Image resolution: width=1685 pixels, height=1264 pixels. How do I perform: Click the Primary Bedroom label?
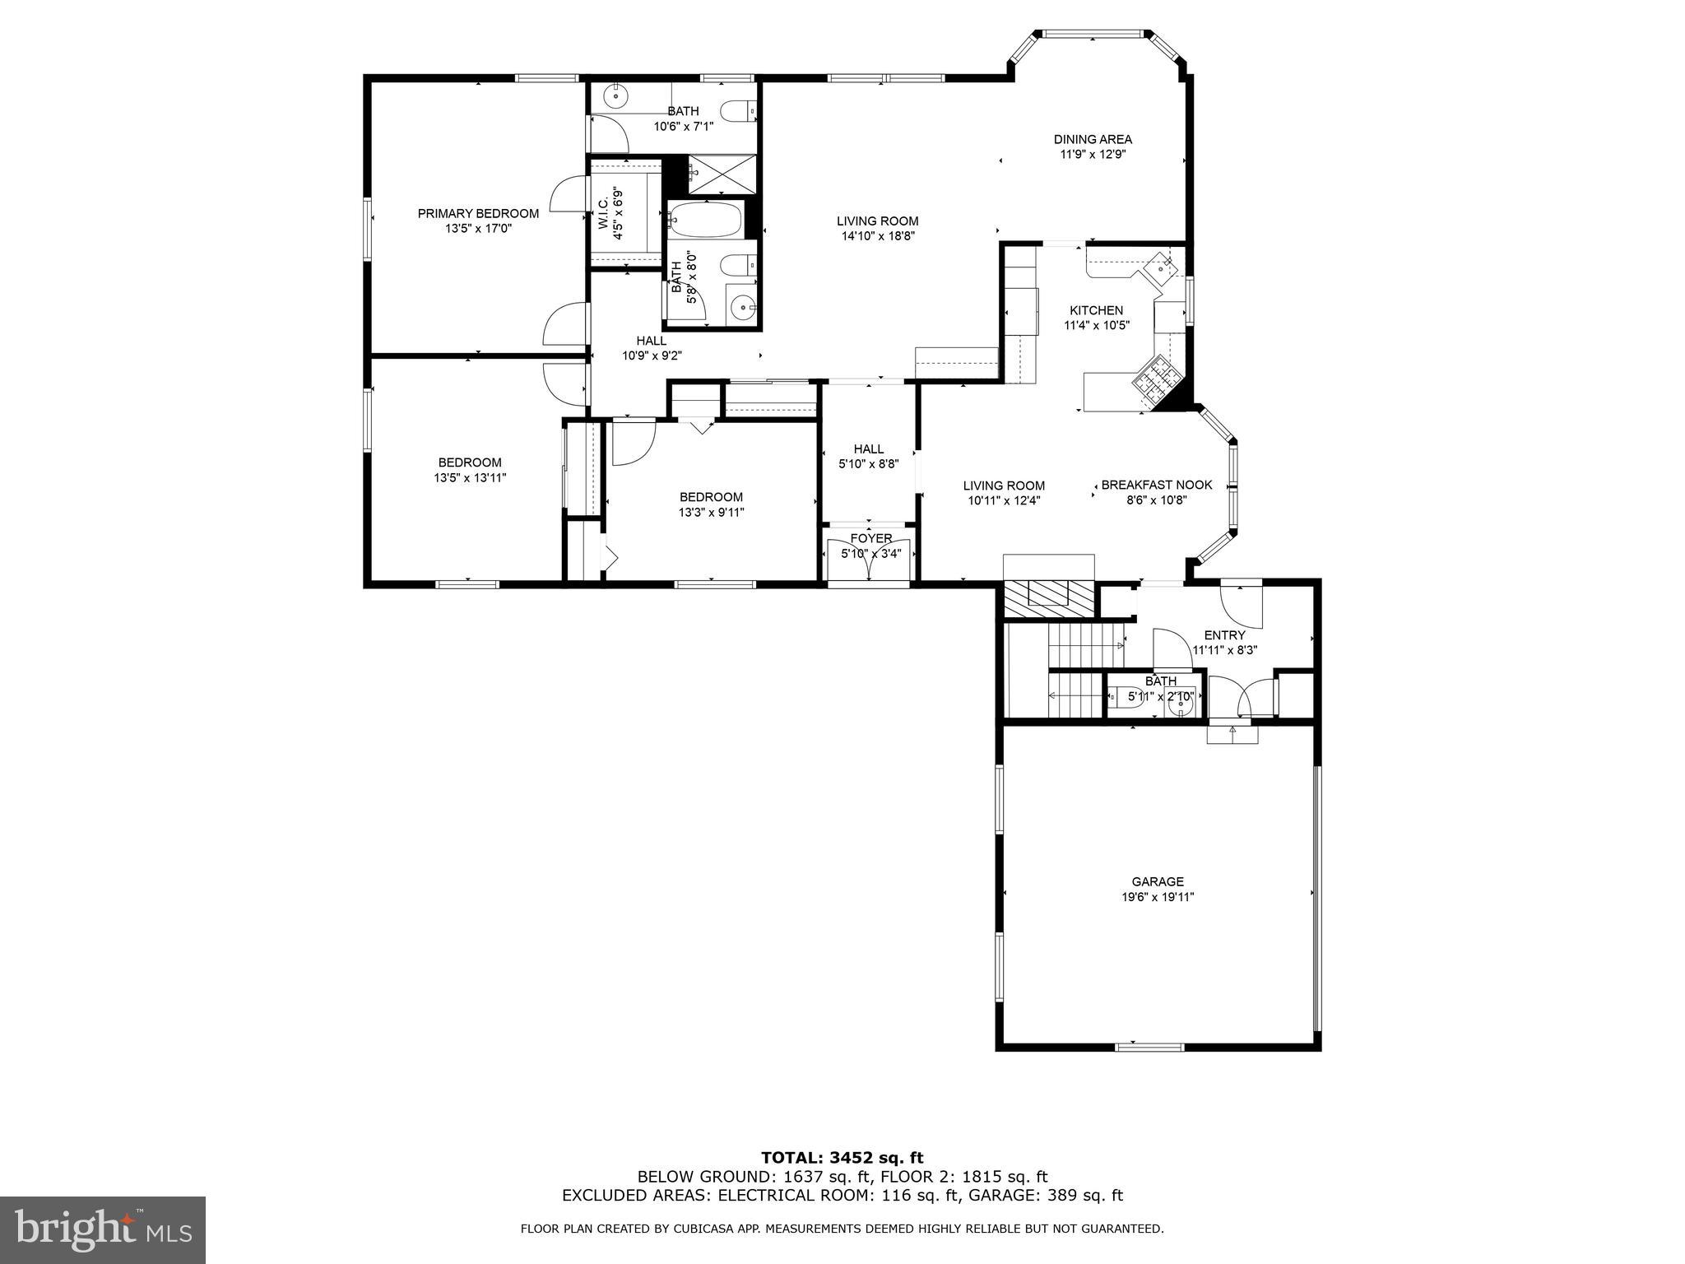point(478,214)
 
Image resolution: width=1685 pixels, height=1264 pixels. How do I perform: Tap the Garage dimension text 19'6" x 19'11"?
point(1158,897)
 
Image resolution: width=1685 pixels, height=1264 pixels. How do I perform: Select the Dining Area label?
point(1093,139)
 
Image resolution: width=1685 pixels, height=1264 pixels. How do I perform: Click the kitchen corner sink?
point(1161,267)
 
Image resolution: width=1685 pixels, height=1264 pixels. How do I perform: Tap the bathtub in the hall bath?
point(705,220)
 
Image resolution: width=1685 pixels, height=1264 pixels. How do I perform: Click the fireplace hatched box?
point(1049,596)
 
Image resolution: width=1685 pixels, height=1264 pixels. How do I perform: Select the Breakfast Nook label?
point(1156,485)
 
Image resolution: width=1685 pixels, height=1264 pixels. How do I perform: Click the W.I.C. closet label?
point(603,214)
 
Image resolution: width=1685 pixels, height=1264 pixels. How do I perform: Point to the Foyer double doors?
point(870,560)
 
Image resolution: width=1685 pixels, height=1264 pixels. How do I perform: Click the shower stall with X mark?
point(715,174)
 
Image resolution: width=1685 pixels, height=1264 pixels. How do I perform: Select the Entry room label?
point(1224,635)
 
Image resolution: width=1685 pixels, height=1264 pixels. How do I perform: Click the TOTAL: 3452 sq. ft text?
point(842,1159)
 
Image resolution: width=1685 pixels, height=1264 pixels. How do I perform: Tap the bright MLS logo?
point(103,1229)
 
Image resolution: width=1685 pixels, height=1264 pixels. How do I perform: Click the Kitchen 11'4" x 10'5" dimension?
point(1096,325)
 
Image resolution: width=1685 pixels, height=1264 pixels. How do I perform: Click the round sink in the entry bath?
point(1181,704)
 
